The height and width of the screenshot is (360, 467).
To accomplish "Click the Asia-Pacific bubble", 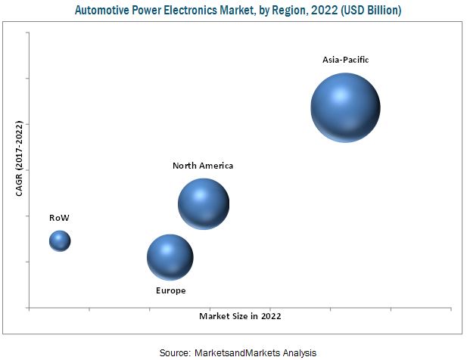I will [x=345, y=107].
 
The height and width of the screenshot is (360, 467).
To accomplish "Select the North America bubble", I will [x=203, y=203].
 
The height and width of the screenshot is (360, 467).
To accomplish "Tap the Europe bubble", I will [x=170, y=257].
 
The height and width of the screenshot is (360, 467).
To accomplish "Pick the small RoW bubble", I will [x=60, y=241].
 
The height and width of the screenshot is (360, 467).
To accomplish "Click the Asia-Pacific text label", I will [x=345, y=60].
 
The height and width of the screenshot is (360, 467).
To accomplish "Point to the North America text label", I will [x=203, y=166].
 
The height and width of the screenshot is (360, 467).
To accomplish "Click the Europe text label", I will [x=170, y=290].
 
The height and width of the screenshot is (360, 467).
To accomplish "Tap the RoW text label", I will [x=60, y=218].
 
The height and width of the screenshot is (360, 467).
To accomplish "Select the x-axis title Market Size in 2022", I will [x=240, y=316].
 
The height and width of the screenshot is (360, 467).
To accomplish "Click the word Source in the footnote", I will [x=173, y=352].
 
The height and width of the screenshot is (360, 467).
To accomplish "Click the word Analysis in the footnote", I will [x=298, y=352].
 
